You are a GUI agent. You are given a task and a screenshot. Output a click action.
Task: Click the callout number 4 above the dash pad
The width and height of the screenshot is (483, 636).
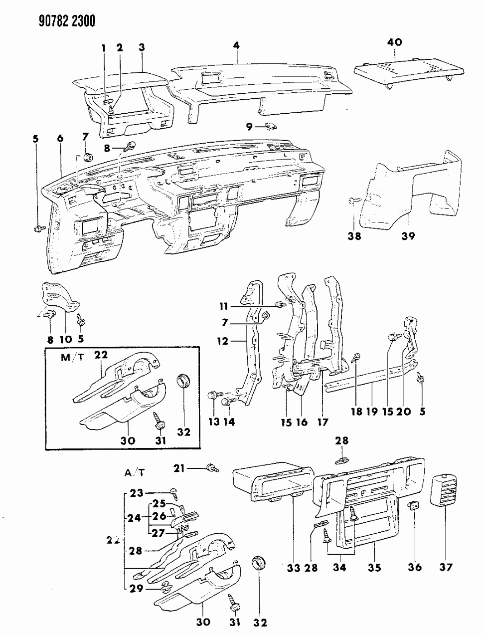236,45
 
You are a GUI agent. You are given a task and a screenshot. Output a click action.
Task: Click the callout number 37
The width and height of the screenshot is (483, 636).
446,567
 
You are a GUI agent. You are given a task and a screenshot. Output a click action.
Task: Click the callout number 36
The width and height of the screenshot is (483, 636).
415,567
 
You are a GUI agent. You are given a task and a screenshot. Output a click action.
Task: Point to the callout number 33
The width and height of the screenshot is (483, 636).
293,567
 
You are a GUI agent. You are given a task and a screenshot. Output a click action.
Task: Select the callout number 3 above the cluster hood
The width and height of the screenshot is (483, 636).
142,47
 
